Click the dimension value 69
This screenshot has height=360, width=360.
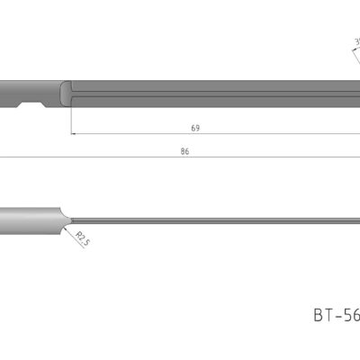click(x=195, y=128)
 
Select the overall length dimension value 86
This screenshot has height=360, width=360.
click(x=184, y=151)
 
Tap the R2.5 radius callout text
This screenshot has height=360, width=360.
click(x=83, y=238)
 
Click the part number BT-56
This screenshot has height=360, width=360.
click(x=336, y=315)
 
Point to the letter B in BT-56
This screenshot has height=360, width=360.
click(x=319, y=315)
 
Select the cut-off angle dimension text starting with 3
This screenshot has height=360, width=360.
click(x=357, y=42)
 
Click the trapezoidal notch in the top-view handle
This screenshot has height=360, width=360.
click(x=34, y=105)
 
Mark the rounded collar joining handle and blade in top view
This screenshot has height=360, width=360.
click(x=65, y=94)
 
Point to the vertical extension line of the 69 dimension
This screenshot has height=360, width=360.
click(x=69, y=121)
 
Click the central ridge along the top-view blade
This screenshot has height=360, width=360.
click(x=207, y=93)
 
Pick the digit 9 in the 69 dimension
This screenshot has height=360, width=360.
click(x=198, y=128)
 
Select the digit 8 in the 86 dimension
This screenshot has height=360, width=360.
click(x=182, y=151)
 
